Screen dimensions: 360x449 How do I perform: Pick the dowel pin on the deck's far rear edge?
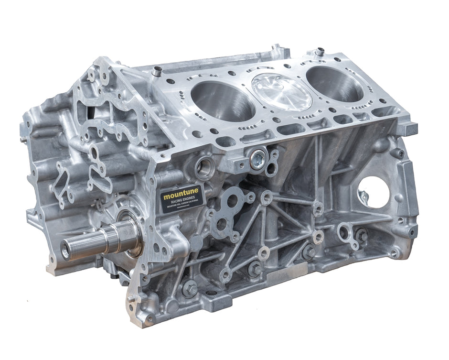(319, 51)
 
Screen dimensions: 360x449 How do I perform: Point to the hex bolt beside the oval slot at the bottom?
(190, 288)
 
